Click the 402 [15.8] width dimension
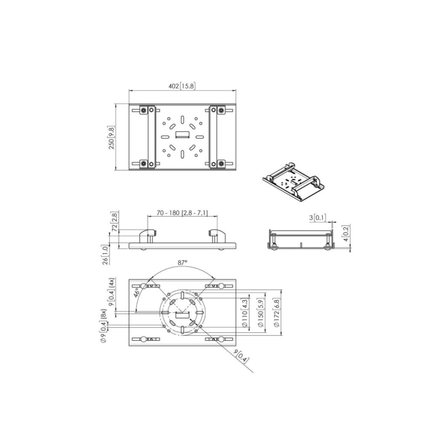click(x=182, y=86)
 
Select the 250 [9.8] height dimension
click(x=111, y=138)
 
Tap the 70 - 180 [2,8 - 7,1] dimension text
click(x=182, y=212)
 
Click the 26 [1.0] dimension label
click(x=106, y=255)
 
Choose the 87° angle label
click(x=182, y=262)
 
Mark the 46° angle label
click(x=137, y=293)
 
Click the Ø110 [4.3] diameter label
click(x=245, y=312)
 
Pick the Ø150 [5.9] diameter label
click(x=260, y=312)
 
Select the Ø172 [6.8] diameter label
click(x=277, y=312)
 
